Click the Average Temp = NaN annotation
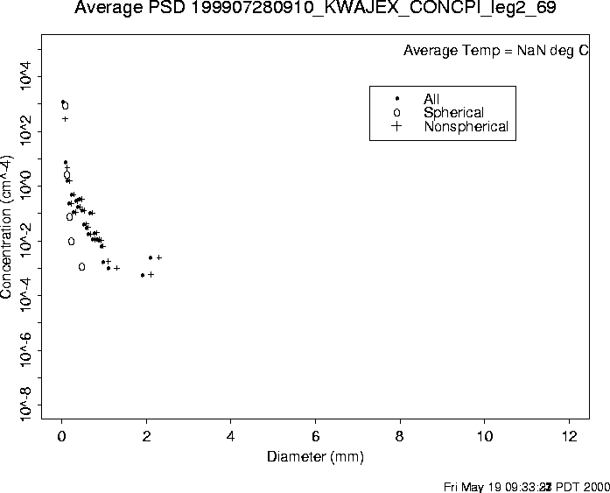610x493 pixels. (495, 51)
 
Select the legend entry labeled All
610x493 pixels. (431, 100)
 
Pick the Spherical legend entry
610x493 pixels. (453, 113)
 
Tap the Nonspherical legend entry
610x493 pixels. (466, 127)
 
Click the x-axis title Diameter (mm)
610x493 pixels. (315, 457)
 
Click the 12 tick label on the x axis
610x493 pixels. (569, 437)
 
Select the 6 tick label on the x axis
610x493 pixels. (315, 437)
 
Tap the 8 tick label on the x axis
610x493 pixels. (400, 437)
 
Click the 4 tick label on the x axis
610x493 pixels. (231, 437)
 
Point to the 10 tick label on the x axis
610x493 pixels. (484, 437)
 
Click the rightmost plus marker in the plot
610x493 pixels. (159, 257)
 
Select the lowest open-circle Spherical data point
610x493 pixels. (81, 267)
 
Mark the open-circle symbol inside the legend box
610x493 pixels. (397, 113)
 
